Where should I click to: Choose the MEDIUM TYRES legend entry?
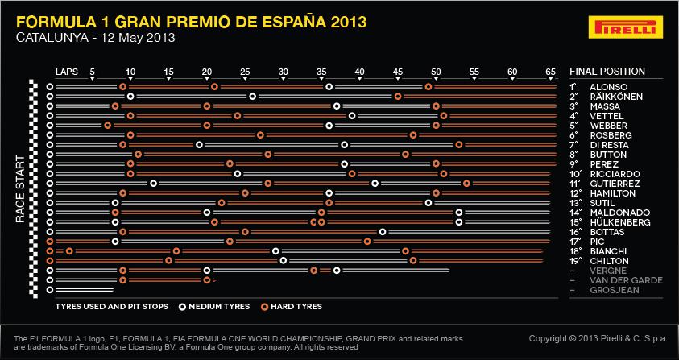click(215, 307)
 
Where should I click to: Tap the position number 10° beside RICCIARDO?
click(575, 174)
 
